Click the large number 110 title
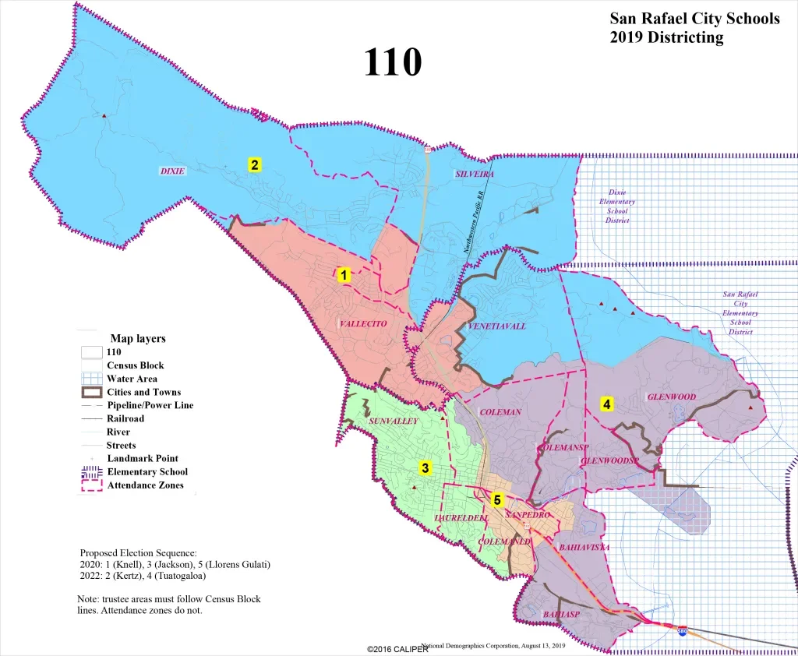[x=393, y=62]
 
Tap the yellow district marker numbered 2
[x=254, y=164]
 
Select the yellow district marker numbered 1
[x=342, y=274]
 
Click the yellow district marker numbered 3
[x=425, y=467]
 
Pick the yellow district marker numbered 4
[x=606, y=404]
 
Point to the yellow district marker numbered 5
[x=496, y=499]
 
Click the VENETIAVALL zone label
[x=497, y=326]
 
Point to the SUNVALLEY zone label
[x=394, y=421]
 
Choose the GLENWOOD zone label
[x=671, y=397]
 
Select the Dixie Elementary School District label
[x=616, y=206]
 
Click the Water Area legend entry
[x=132, y=379]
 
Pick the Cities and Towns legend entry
[x=143, y=392]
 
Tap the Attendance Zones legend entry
[x=145, y=485]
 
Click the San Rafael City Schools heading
[x=694, y=19]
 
